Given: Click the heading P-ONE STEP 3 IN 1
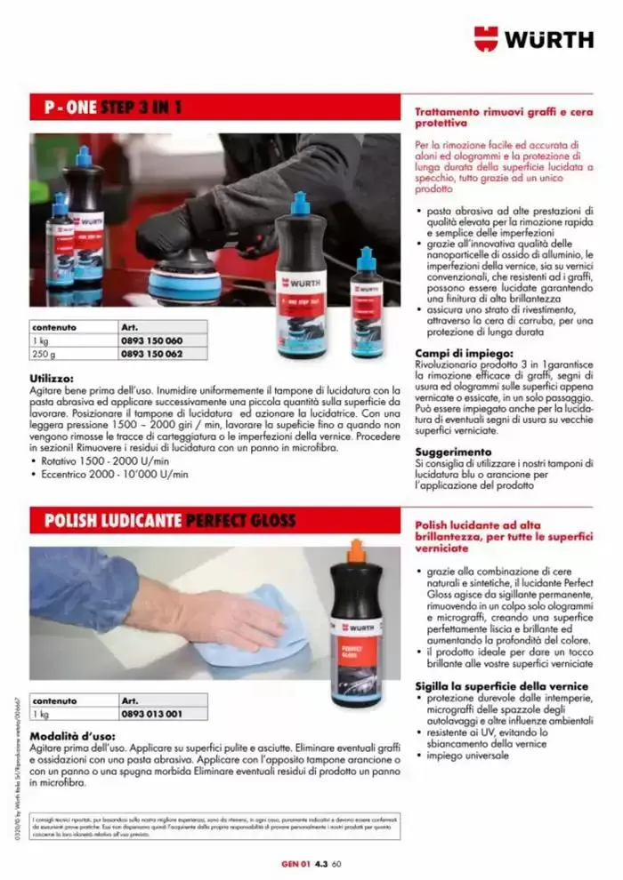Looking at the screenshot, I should click(x=113, y=108).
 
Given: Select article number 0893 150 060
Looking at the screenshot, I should click(x=150, y=340).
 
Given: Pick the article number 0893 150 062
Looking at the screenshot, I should click(x=150, y=354).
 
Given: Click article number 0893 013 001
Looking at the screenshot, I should click(x=150, y=714).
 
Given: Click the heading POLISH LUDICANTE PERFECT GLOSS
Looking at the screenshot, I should click(x=170, y=520).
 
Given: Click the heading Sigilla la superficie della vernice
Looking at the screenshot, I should click(x=502, y=685).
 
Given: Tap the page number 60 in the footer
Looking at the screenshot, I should click(x=337, y=861).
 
